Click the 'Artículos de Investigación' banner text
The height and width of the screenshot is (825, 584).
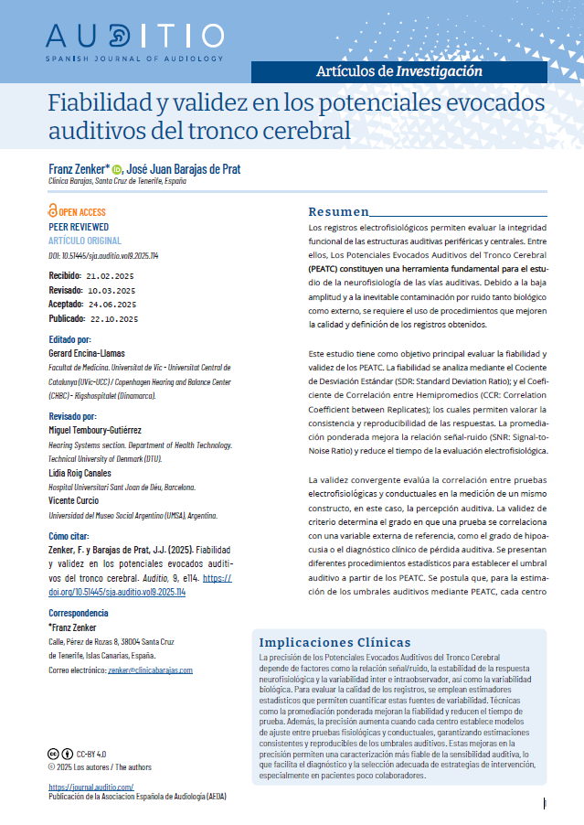398,70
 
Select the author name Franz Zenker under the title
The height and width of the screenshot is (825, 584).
77,169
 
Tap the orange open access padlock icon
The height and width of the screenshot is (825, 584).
52,211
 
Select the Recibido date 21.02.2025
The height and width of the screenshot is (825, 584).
111,274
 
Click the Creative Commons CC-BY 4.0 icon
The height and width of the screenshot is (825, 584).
58,754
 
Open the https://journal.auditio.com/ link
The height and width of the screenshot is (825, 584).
90,787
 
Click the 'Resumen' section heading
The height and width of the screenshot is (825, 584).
337,211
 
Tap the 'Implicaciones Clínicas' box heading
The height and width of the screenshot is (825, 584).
334,642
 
